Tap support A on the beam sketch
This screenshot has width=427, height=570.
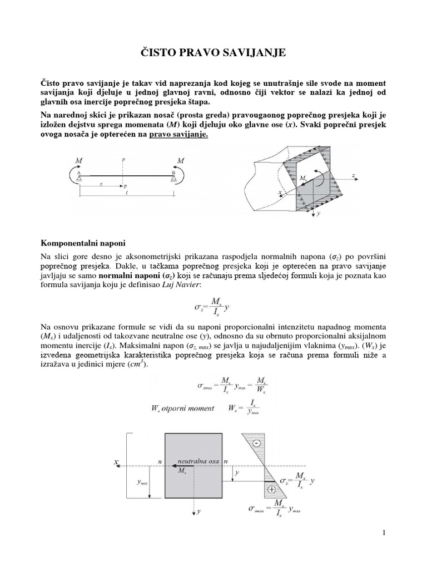point(80,176)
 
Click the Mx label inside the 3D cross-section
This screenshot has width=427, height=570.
point(302,179)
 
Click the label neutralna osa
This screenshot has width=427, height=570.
point(200,461)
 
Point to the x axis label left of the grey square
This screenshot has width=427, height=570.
point(116,461)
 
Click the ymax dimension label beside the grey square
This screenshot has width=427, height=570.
point(142,483)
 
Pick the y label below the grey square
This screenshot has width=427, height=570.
point(198,509)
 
